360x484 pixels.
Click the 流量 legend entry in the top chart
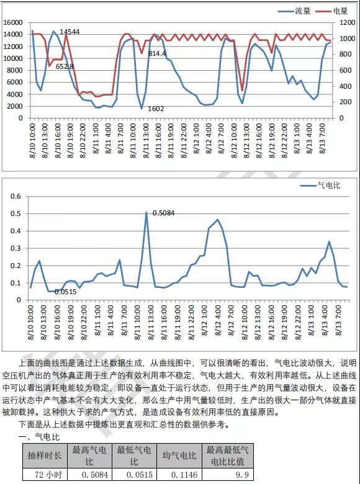pyautogui.click(x=294, y=11)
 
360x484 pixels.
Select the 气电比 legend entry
pyautogui.click(x=320, y=185)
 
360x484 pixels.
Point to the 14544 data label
pyautogui.click(x=70, y=32)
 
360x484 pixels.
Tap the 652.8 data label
pyautogui.click(x=65, y=66)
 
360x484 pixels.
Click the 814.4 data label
pyautogui.click(x=157, y=54)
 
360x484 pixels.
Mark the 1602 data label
pyautogui.click(x=156, y=109)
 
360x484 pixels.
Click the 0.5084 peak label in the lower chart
pyautogui.click(x=164, y=213)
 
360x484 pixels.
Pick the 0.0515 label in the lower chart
pyautogui.click(x=65, y=292)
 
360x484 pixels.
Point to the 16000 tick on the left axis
pyautogui.click(x=13, y=22)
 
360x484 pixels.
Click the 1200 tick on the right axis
pyautogui.click(x=348, y=22)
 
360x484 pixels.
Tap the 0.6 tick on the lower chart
pyautogui.click(x=16, y=196)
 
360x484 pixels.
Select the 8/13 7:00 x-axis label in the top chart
pyautogui.click(x=322, y=138)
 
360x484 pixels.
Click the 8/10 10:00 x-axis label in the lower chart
pyautogui.click(x=30, y=323)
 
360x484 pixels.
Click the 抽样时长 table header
pyautogui.click(x=45, y=455)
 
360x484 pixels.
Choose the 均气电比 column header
pyautogui.click(x=179, y=455)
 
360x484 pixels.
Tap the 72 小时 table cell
pyautogui.click(x=48, y=475)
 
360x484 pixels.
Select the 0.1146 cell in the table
pyautogui.click(x=184, y=475)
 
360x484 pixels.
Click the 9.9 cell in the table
pyautogui.click(x=242, y=475)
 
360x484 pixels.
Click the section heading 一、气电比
pyautogui.click(x=39, y=437)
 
